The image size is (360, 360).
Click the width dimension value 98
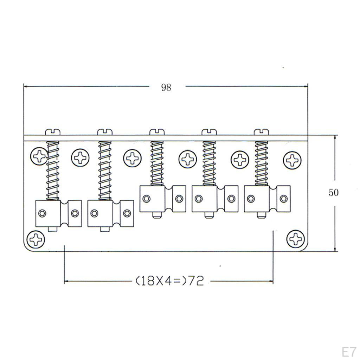[166, 88]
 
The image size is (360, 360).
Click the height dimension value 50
[333, 192]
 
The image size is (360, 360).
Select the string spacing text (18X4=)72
[170, 281]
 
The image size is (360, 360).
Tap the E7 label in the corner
[349, 352]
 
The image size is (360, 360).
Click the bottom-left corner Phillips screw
[36, 239]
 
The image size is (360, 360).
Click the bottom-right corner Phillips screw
[296, 239]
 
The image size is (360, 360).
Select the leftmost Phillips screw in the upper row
[39, 156]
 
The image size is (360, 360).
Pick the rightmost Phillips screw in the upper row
[292, 160]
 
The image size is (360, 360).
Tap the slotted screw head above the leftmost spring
[53, 132]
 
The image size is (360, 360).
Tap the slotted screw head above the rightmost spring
[262, 132]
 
